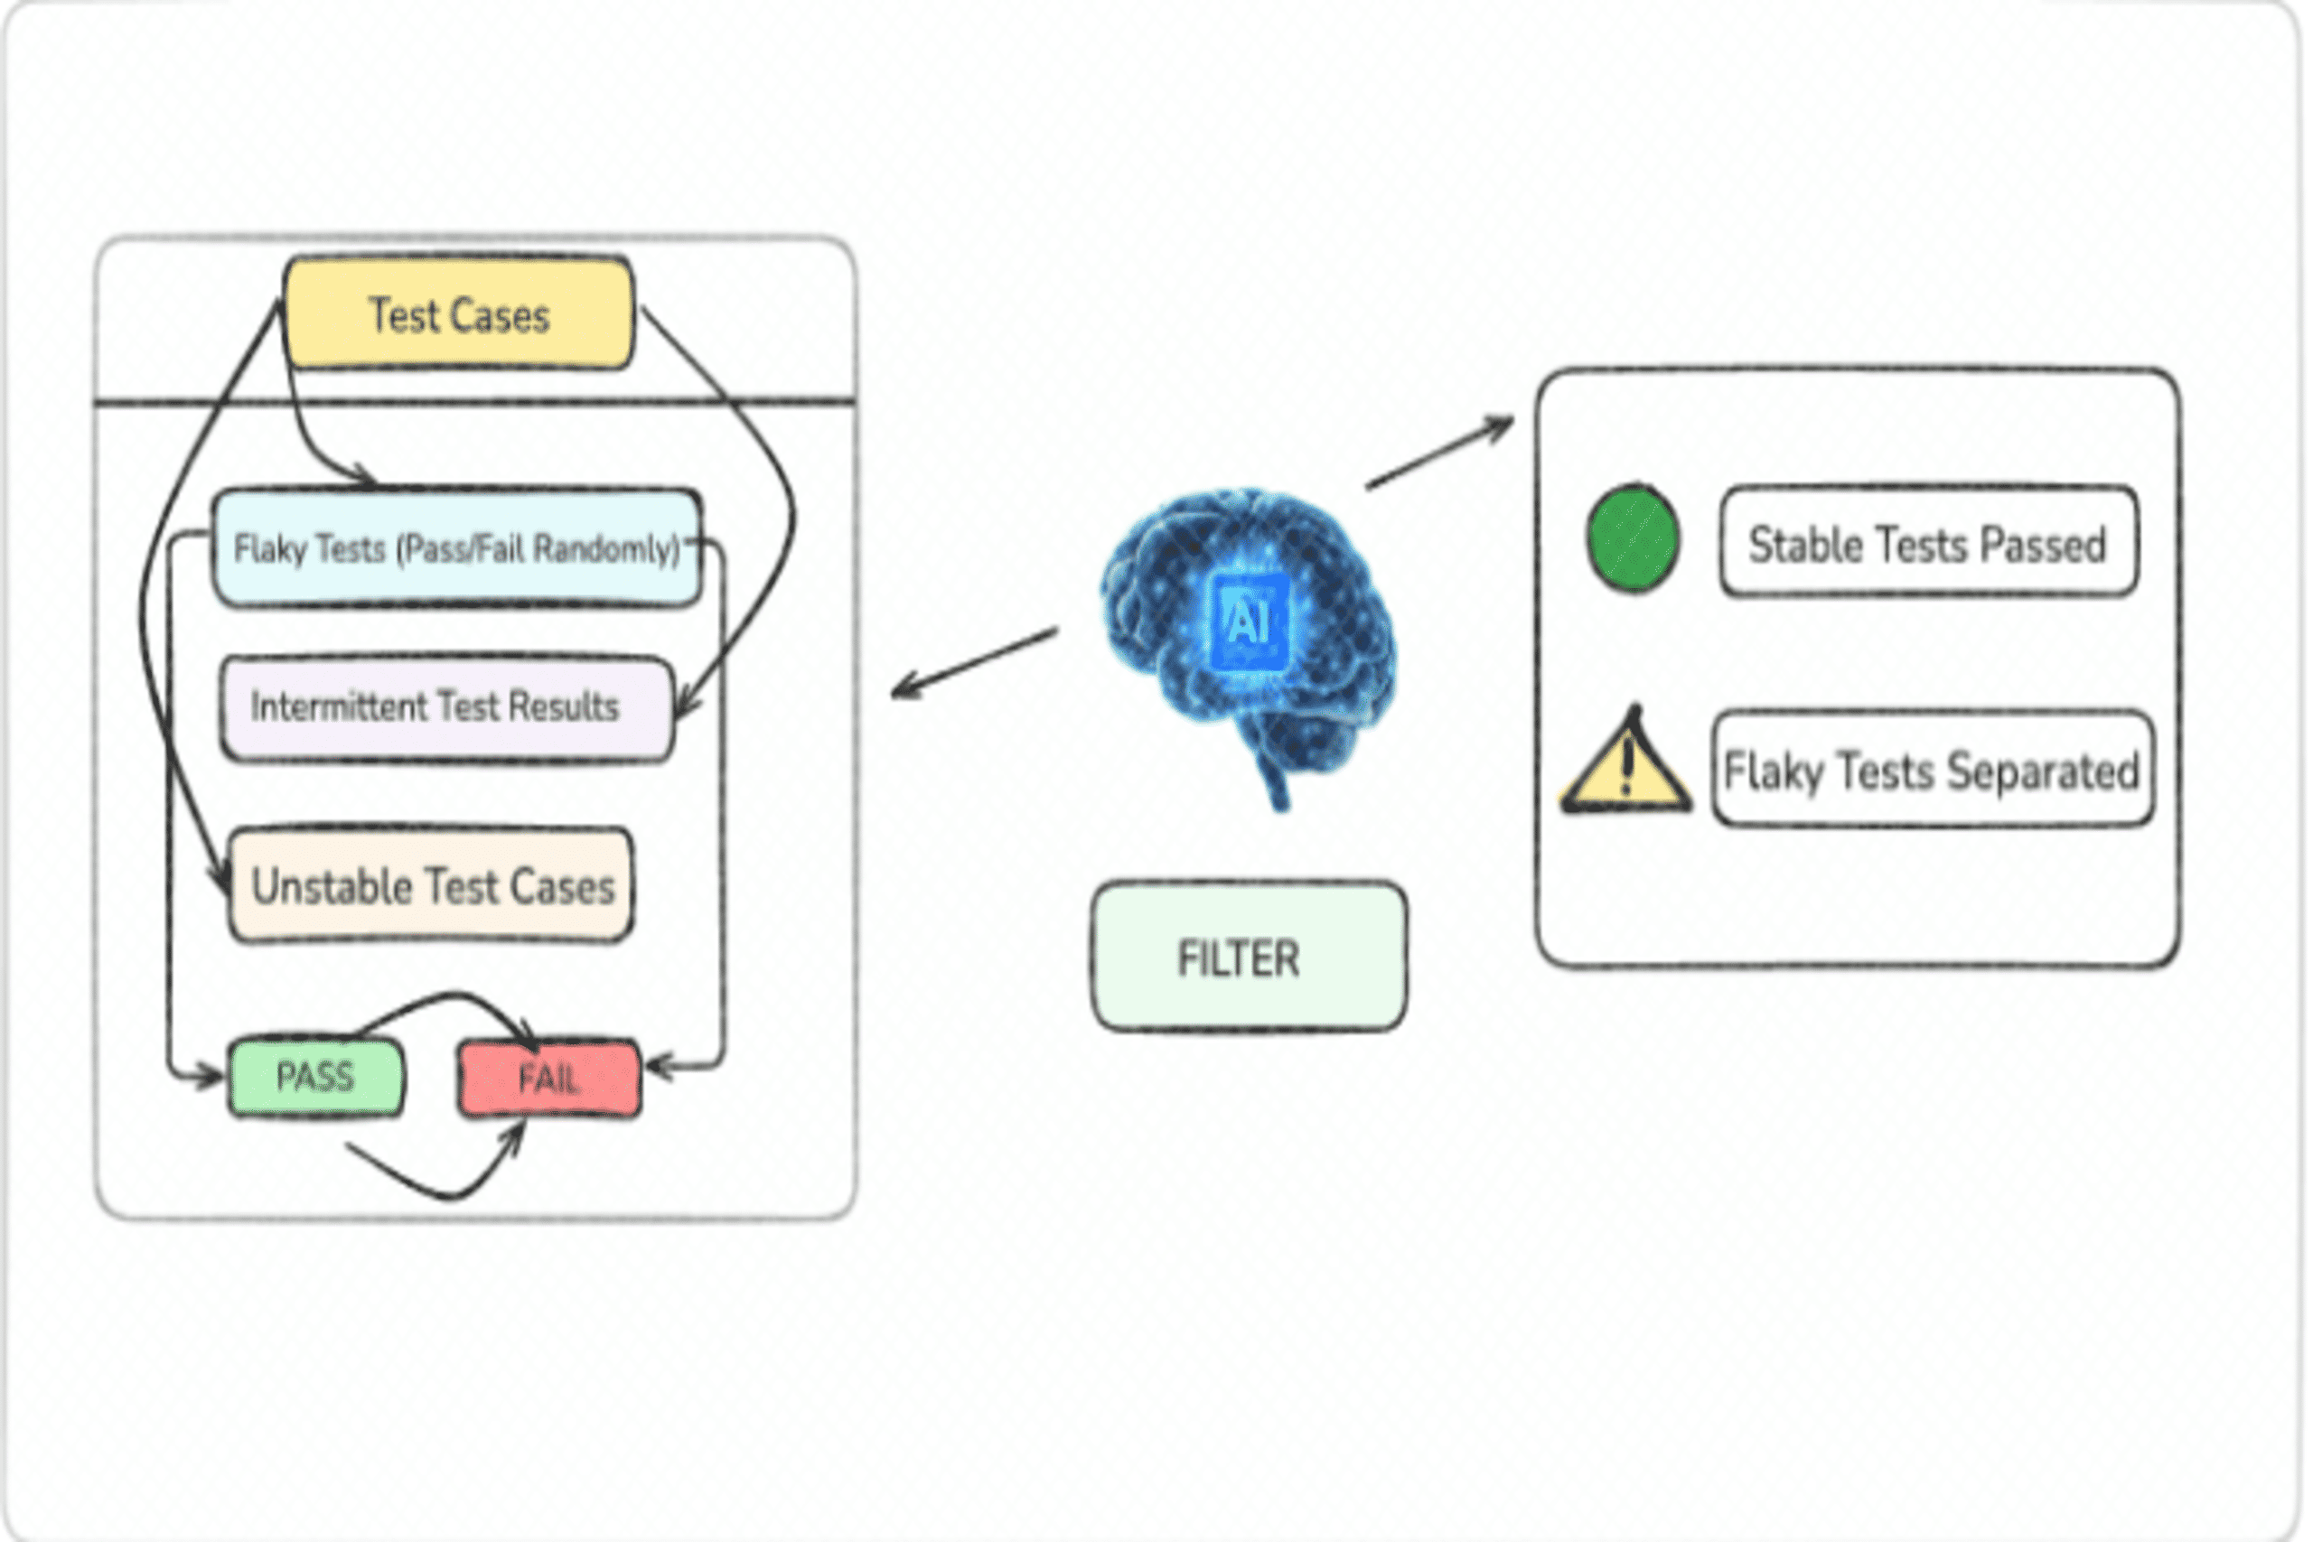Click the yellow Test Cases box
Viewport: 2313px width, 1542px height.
pos(458,313)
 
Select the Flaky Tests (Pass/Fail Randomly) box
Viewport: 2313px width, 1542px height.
pos(457,547)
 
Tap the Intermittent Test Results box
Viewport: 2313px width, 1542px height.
pos(447,707)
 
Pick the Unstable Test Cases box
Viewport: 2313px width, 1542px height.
pos(431,885)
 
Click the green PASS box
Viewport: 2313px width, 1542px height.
pos(315,1077)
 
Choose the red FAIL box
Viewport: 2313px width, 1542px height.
pos(548,1079)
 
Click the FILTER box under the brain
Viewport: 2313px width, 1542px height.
pos(1248,957)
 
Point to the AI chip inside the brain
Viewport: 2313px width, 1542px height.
pos(1247,621)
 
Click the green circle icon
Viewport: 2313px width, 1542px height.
pos(1633,539)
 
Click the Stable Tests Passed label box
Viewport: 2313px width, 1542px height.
pos(1927,542)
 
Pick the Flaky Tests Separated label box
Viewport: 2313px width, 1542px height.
pos(1932,769)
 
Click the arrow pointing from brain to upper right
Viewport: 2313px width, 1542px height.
pos(1438,453)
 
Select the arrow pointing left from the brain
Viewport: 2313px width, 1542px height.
pos(974,662)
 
